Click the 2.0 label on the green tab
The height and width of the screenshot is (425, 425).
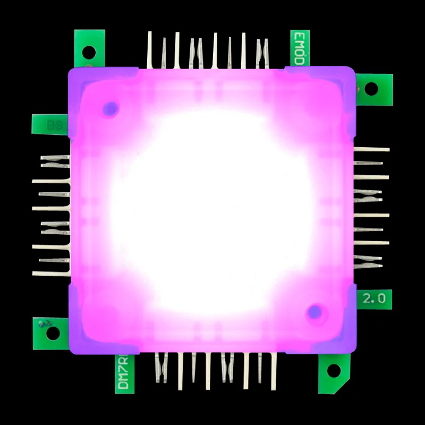374,299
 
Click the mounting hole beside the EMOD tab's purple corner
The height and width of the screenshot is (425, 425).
371,88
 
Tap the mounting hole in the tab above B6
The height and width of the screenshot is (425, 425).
89,52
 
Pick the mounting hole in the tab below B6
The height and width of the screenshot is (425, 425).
53,333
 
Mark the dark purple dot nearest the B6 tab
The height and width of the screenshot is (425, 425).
110,108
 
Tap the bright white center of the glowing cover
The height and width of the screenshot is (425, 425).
212,210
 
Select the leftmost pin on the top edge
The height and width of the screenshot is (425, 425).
150,50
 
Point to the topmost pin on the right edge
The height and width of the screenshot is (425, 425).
372,150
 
